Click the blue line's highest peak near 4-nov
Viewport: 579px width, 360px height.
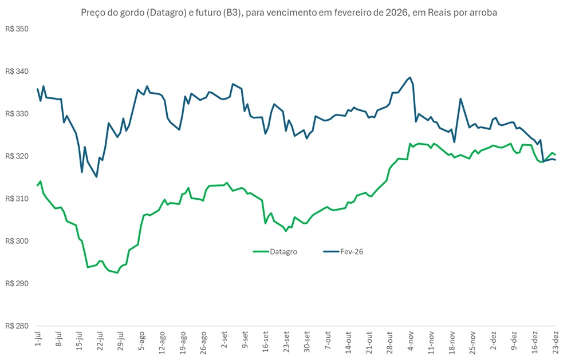410,77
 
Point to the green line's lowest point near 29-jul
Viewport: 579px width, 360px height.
117,273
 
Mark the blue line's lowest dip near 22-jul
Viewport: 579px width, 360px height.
96,177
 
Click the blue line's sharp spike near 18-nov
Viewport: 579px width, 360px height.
460,98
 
